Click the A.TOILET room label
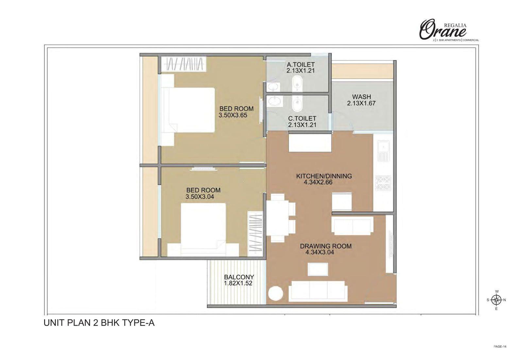tap(300, 64)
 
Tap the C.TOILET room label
tap(302, 118)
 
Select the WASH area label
tap(362, 97)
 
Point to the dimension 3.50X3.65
tap(233, 115)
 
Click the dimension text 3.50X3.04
tap(200, 197)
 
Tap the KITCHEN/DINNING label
tap(324, 176)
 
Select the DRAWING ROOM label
tap(326, 246)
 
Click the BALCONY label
tap(239, 277)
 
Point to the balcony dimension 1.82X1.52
tap(238, 283)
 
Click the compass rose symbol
tap(497, 300)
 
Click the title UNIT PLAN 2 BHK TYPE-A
tap(99, 323)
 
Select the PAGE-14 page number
tap(500, 347)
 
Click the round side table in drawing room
tap(276, 294)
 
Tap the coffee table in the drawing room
tap(318, 269)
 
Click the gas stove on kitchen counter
tap(383, 183)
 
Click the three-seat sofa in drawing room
tap(318, 291)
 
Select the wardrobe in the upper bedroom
tap(183, 63)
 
